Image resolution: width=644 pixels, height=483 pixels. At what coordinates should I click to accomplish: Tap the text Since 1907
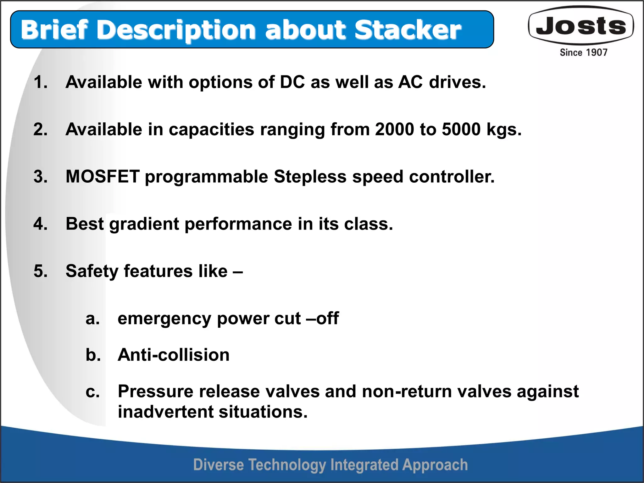pyautogui.click(x=583, y=53)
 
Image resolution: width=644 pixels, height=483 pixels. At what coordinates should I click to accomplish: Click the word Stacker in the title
pyautogui.click(x=408, y=30)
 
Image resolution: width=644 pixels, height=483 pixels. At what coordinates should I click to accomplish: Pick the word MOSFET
pyautogui.click(x=103, y=176)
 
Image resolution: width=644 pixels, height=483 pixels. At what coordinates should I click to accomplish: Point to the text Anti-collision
pyautogui.click(x=173, y=355)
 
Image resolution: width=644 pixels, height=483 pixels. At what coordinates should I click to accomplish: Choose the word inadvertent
pyautogui.click(x=165, y=412)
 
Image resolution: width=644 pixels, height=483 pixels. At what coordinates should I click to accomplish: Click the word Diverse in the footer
pyautogui.click(x=218, y=465)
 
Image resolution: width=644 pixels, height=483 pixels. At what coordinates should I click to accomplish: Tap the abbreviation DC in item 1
pyautogui.click(x=292, y=82)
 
